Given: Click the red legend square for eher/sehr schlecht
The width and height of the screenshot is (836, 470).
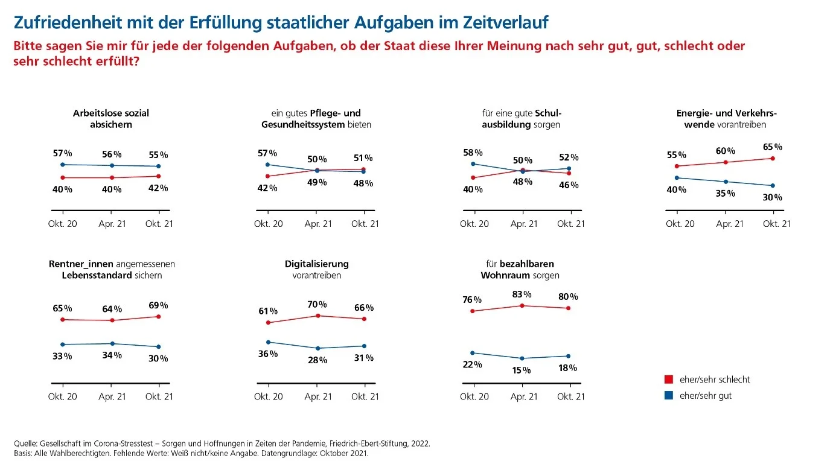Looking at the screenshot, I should [669, 379].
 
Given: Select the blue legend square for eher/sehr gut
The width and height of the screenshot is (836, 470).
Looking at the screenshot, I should [669, 396].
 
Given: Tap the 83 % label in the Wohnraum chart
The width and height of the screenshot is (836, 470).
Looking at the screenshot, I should [522, 294].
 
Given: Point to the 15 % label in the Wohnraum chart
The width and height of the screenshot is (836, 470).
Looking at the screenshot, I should [522, 370].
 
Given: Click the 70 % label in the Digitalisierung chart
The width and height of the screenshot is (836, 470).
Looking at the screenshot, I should [317, 304].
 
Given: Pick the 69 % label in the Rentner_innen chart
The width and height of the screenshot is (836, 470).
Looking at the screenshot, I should [158, 305].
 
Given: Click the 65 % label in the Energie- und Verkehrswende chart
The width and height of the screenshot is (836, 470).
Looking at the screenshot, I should [773, 147].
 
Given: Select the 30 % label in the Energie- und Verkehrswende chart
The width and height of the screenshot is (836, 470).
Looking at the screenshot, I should [773, 197].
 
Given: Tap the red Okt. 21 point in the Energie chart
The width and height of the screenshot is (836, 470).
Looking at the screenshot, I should [773, 158].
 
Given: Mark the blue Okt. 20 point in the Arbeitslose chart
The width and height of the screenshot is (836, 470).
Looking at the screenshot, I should [63, 164].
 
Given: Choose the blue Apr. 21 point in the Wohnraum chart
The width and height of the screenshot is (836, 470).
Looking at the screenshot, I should [522, 358].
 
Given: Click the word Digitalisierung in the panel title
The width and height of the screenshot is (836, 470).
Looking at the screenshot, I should [316, 264].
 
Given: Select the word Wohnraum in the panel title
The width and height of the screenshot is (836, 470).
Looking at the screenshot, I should [505, 276].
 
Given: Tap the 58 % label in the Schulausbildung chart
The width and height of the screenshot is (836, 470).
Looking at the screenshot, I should [473, 152].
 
